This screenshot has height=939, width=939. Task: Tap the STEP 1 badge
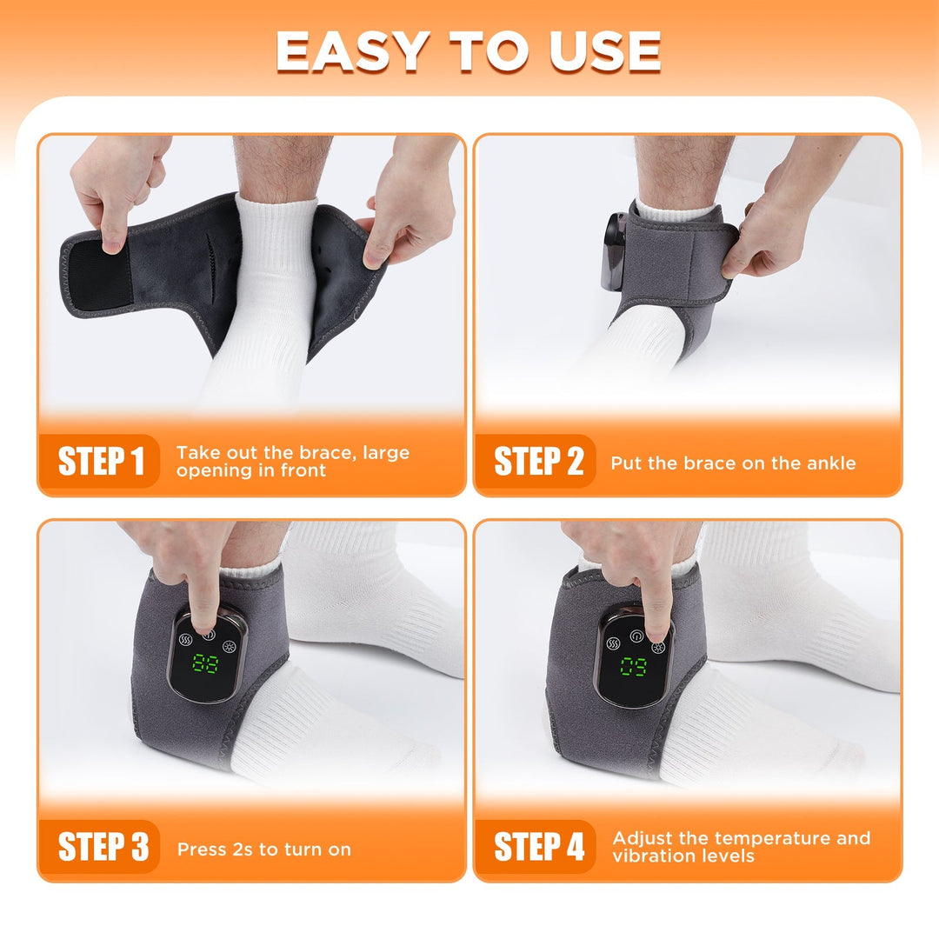[100, 461]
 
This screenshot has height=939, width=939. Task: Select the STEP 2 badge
[537, 461]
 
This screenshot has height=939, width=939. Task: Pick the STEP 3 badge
[102, 847]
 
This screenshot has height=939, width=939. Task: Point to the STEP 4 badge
[538, 847]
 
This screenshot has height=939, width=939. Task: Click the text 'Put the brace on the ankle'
[732, 463]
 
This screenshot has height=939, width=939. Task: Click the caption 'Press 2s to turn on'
[263, 849]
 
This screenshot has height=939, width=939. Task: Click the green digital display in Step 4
[633, 667]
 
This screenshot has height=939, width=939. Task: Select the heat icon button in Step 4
[613, 644]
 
